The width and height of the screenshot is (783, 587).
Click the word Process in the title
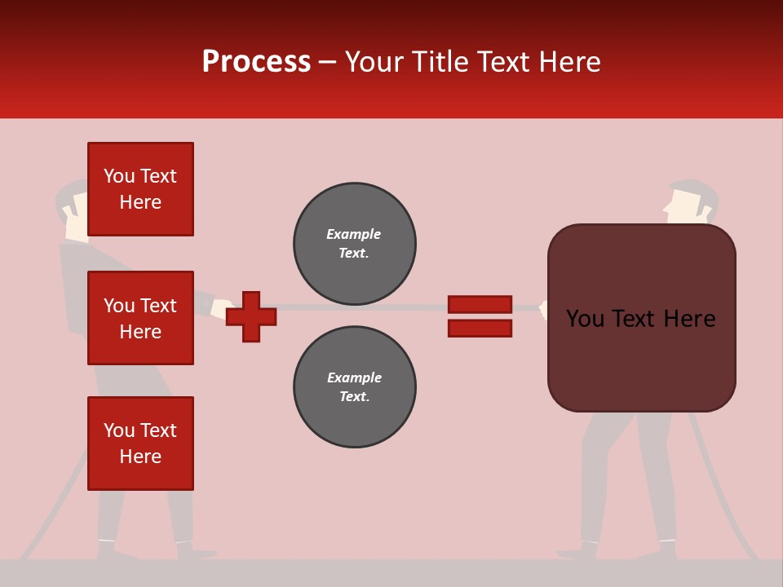coord(256,62)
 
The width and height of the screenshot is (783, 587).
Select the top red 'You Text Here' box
coord(140,189)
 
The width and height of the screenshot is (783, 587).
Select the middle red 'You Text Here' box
coord(140,318)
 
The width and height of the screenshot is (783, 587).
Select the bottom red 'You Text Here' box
coord(140,444)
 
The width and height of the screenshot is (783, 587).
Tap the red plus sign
coord(251,316)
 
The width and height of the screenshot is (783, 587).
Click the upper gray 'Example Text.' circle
coord(355,244)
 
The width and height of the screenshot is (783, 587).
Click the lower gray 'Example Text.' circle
coord(355,387)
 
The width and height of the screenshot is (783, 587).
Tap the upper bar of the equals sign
coord(480,304)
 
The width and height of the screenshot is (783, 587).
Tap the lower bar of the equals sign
coord(480,328)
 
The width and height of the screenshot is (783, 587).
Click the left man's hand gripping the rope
coord(221,309)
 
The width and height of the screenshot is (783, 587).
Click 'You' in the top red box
coord(119,176)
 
